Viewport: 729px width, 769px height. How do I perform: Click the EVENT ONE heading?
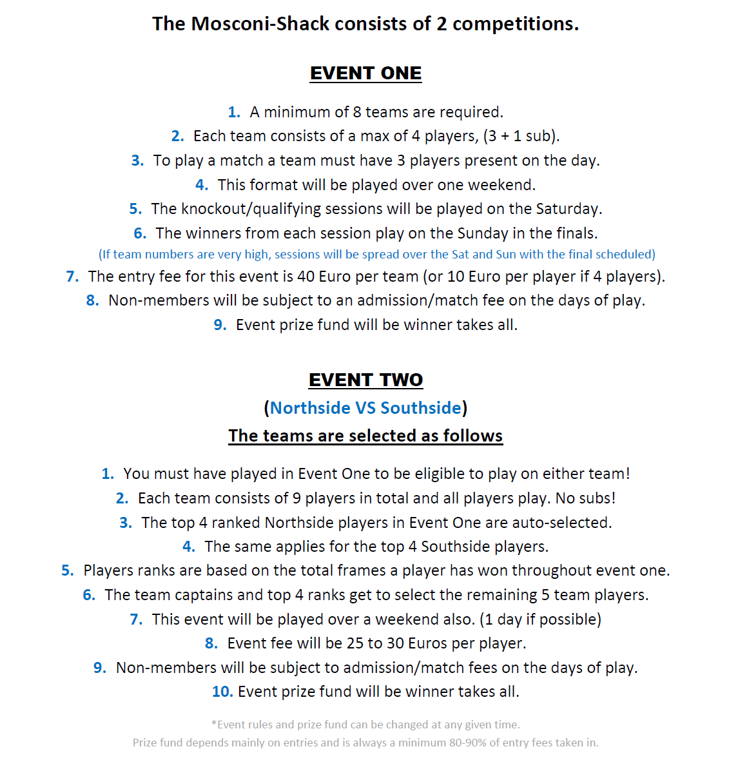tap(365, 73)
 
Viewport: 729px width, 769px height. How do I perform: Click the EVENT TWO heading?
tap(365, 380)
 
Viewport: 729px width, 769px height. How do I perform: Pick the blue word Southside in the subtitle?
tap(421, 408)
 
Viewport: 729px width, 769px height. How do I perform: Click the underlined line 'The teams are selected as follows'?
tap(365, 436)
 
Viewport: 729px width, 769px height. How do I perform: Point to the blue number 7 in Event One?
tap(72, 277)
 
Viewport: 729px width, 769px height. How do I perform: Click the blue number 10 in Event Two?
tap(221, 692)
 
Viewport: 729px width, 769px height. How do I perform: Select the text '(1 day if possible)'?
tap(540, 619)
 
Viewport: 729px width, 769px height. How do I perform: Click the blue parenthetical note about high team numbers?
tap(376, 255)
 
